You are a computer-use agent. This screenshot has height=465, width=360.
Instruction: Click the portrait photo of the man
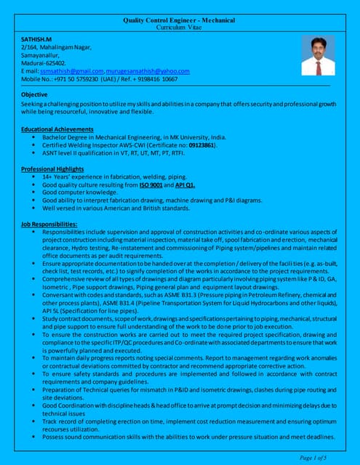coord(319,56)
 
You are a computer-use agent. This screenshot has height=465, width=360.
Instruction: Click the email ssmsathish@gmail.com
coord(71,71)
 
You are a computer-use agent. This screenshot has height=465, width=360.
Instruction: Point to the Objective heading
coord(34,95)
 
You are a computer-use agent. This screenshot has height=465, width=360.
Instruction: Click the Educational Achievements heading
coord(60,129)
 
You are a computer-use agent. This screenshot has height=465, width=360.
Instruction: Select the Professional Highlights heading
coord(55,169)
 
